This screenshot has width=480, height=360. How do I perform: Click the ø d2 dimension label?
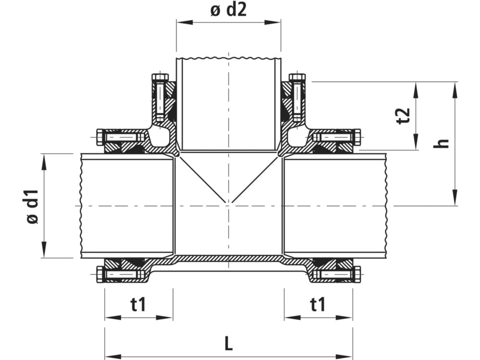[x=228, y=10]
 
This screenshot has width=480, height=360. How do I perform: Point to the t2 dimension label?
[x=403, y=116]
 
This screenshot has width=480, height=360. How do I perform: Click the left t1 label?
[x=138, y=304]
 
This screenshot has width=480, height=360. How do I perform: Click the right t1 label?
[x=318, y=304]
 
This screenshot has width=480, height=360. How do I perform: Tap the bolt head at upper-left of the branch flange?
[x=160, y=77]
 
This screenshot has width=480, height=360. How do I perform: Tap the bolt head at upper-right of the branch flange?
[x=297, y=77]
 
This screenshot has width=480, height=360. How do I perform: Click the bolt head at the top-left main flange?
[x=100, y=137]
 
